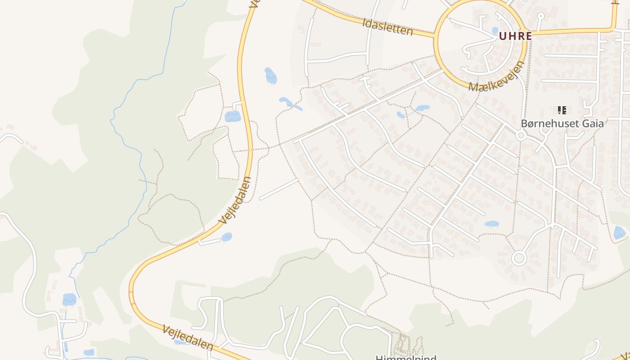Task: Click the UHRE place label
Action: point(515,36)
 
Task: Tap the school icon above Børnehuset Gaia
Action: point(562,110)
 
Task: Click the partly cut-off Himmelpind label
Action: point(406,357)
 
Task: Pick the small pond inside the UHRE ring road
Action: point(495,31)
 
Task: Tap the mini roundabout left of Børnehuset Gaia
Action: point(521,135)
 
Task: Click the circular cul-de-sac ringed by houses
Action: point(519,258)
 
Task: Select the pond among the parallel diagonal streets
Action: point(491,224)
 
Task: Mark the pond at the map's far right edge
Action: point(619,233)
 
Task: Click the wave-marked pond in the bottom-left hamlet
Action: point(69,299)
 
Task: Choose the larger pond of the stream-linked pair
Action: point(422,108)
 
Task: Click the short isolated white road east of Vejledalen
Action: point(279,189)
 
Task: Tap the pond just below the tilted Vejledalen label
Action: point(226,237)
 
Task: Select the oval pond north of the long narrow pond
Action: point(270,75)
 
